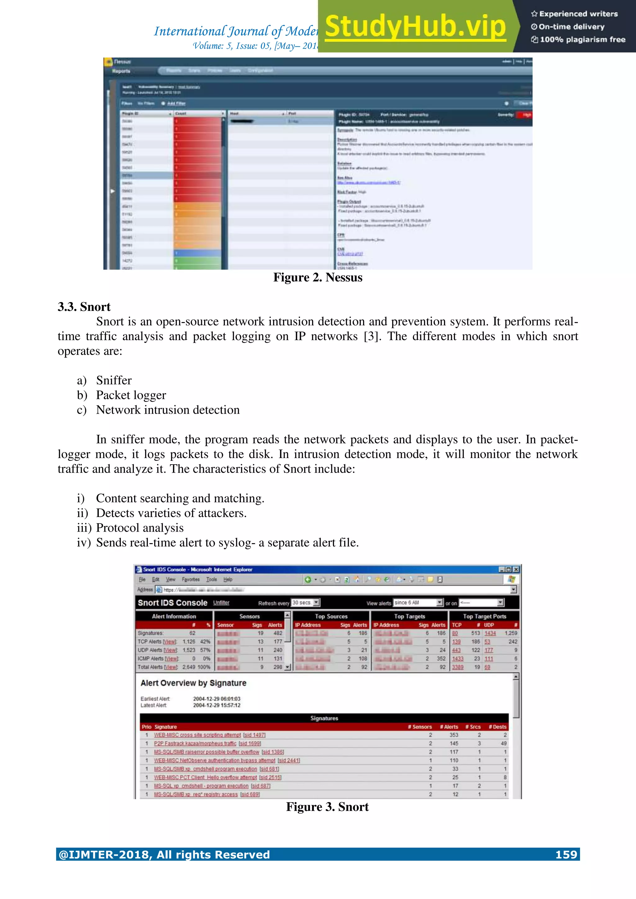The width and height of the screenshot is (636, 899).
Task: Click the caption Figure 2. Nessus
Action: click(318, 277)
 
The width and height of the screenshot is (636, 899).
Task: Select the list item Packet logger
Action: click(131, 395)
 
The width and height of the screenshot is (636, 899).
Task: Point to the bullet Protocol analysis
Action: click(139, 528)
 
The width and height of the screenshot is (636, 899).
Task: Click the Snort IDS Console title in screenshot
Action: click(172, 603)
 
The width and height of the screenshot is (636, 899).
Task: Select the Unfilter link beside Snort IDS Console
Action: click(221, 603)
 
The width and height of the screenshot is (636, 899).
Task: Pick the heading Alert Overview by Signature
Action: click(193, 683)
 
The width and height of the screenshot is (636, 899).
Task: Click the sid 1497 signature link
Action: click(254, 735)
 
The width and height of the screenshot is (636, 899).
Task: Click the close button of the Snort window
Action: click(516, 569)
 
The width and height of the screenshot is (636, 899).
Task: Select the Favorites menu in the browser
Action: click(191, 579)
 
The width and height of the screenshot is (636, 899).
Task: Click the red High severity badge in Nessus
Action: click(525, 115)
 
